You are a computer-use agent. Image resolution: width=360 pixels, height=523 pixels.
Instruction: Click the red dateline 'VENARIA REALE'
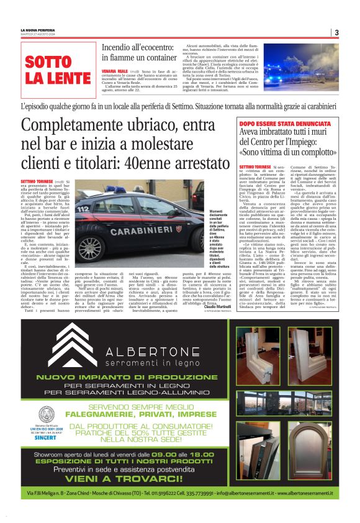[x=112, y=71]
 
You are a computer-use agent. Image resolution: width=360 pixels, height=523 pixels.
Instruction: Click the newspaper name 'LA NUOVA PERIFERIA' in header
[x=37, y=30]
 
